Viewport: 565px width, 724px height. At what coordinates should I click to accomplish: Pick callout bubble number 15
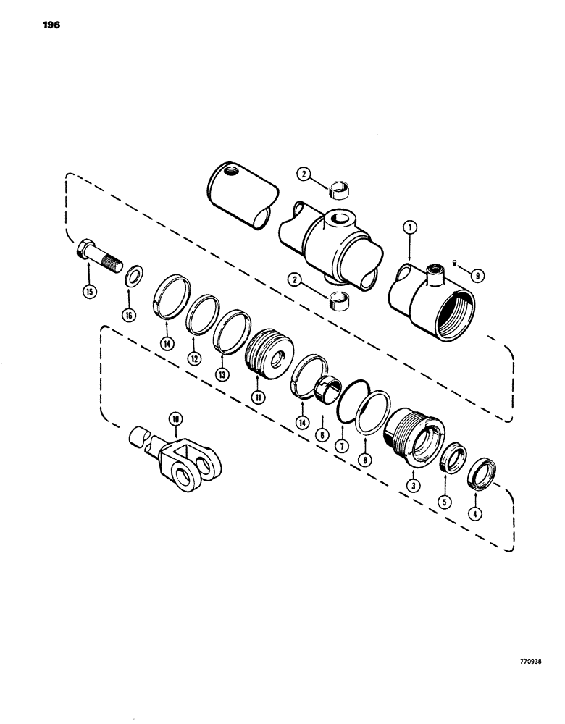click(89, 293)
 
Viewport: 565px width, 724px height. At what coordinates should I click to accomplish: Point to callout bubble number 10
click(174, 418)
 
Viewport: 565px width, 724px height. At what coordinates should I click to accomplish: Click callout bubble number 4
click(474, 515)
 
